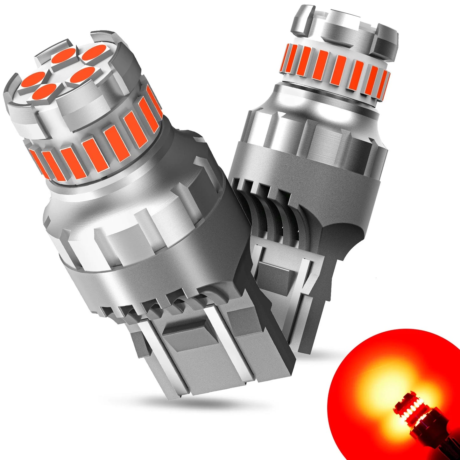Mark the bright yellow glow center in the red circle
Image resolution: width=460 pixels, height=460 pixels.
pos(382,392)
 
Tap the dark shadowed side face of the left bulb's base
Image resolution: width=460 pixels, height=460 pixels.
pos(271,318)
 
